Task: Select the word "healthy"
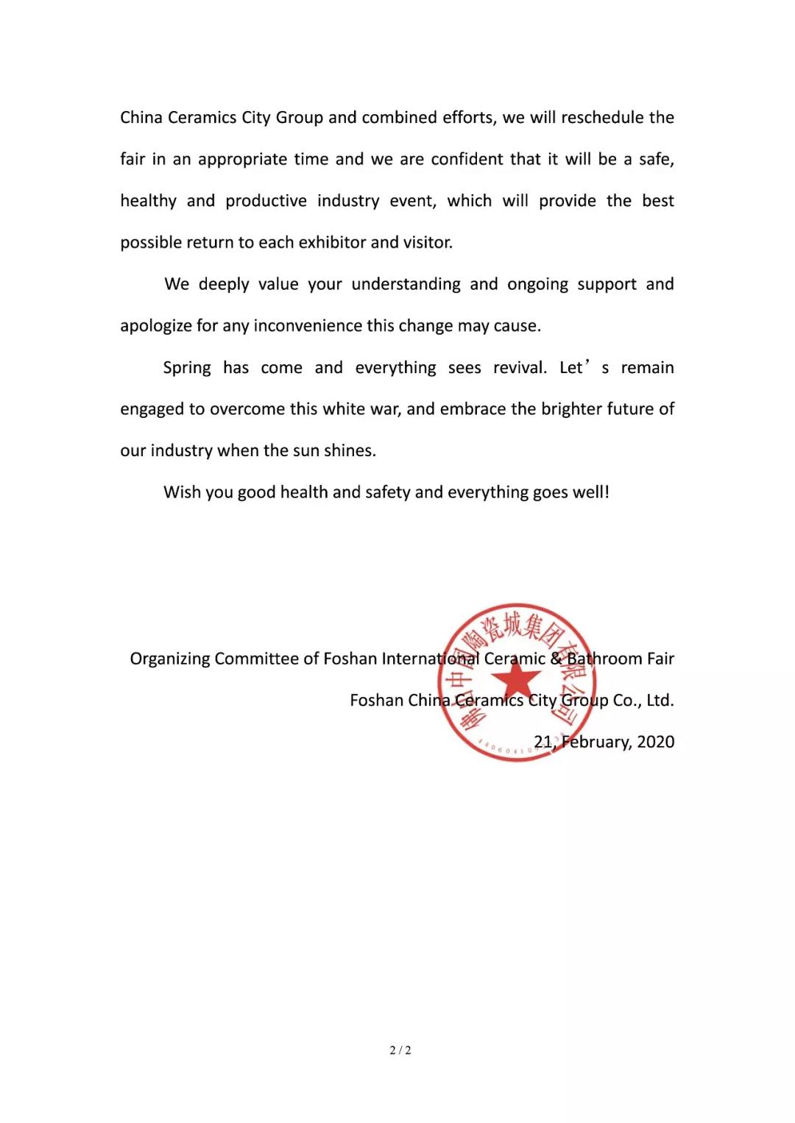(149, 202)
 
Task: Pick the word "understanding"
(406, 285)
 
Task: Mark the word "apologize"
(156, 327)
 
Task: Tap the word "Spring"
(187, 368)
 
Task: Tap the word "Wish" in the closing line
(181, 492)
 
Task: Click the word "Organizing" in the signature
(170, 659)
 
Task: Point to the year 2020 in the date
(655, 742)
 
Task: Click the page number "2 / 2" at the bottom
(400, 1050)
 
